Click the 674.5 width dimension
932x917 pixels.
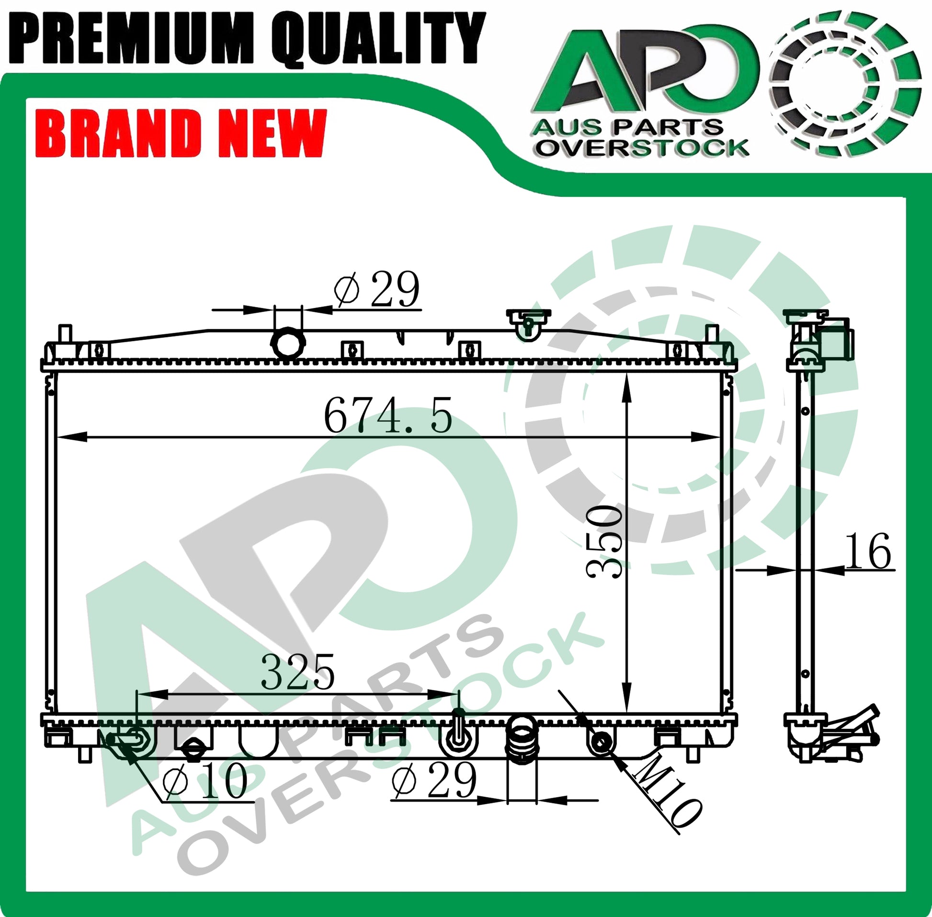point(388,415)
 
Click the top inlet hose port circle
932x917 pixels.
point(288,343)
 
